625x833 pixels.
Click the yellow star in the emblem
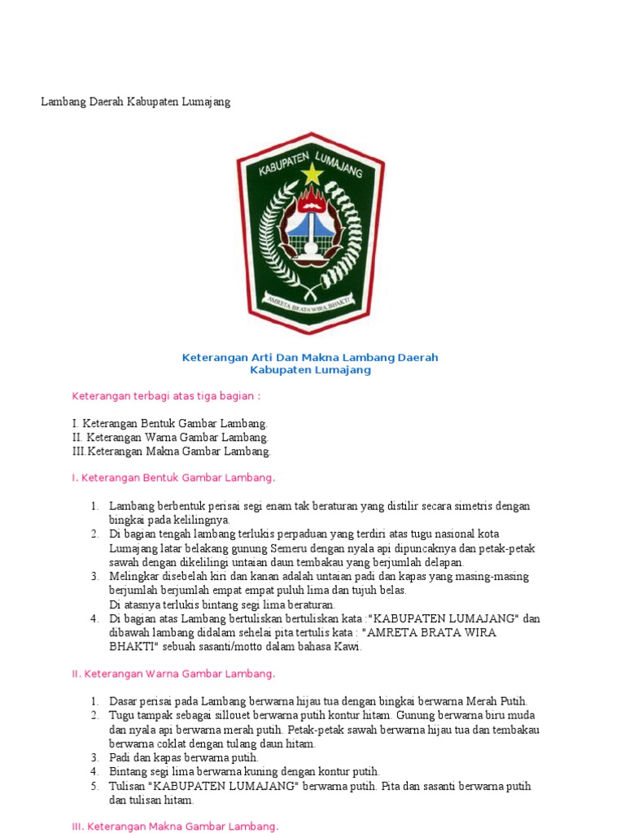click(x=311, y=172)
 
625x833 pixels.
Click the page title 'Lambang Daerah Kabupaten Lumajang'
click(x=136, y=102)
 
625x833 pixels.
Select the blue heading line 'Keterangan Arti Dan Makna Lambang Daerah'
click(x=310, y=357)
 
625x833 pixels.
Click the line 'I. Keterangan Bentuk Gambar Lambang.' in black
click(x=169, y=424)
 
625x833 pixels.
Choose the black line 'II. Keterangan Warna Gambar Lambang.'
click(x=170, y=438)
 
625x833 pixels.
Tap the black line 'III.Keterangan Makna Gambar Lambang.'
click(x=171, y=451)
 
